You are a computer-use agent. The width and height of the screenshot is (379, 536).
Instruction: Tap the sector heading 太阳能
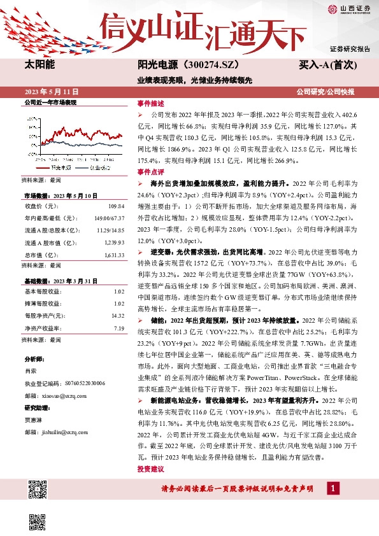click(39, 64)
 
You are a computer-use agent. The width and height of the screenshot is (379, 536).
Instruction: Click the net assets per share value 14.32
click(117, 315)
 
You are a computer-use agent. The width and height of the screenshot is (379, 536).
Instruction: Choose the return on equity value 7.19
click(118, 328)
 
